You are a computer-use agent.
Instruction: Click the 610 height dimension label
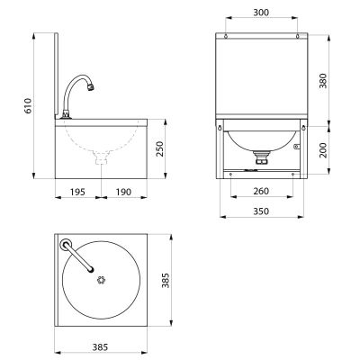28,105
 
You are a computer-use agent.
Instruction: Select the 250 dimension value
160,149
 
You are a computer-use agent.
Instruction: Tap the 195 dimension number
77,192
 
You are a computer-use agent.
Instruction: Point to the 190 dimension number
123,192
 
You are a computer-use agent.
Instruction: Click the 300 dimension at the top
261,13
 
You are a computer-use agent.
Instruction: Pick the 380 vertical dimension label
323,81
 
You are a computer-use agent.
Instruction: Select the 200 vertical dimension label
323,150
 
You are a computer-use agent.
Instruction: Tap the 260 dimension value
261,191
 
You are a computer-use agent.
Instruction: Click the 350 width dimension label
261,211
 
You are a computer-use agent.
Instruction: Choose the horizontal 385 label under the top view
100,347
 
